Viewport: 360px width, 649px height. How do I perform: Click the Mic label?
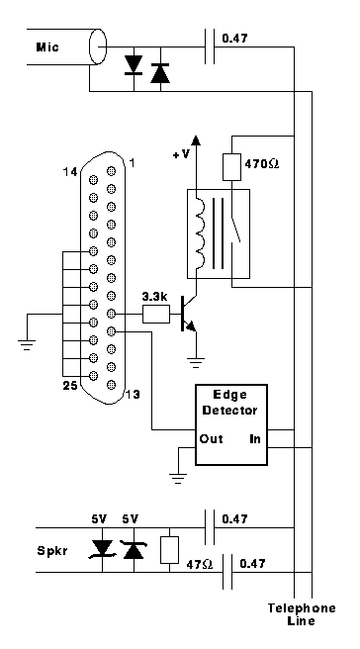[x=47, y=46]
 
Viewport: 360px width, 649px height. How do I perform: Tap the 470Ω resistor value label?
[x=262, y=164]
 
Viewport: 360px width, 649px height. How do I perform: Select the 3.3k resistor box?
[x=156, y=314]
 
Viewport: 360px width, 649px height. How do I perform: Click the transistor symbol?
[x=189, y=314]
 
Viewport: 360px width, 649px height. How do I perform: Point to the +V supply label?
[x=181, y=154]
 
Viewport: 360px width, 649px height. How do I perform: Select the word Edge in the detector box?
[x=229, y=395]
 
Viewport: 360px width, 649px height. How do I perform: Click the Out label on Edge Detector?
[x=211, y=438]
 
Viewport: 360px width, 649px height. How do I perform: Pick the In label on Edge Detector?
[x=255, y=438]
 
